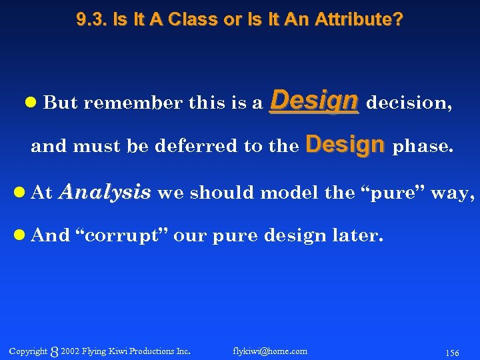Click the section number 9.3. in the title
[x=91, y=20]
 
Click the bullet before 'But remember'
[x=31, y=103]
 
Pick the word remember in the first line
[x=133, y=103]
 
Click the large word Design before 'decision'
[x=314, y=101]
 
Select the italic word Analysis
[x=105, y=193]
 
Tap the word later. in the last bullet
[x=361, y=235]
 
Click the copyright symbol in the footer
[x=54, y=351]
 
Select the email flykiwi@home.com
[x=270, y=351]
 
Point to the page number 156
[x=451, y=352]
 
